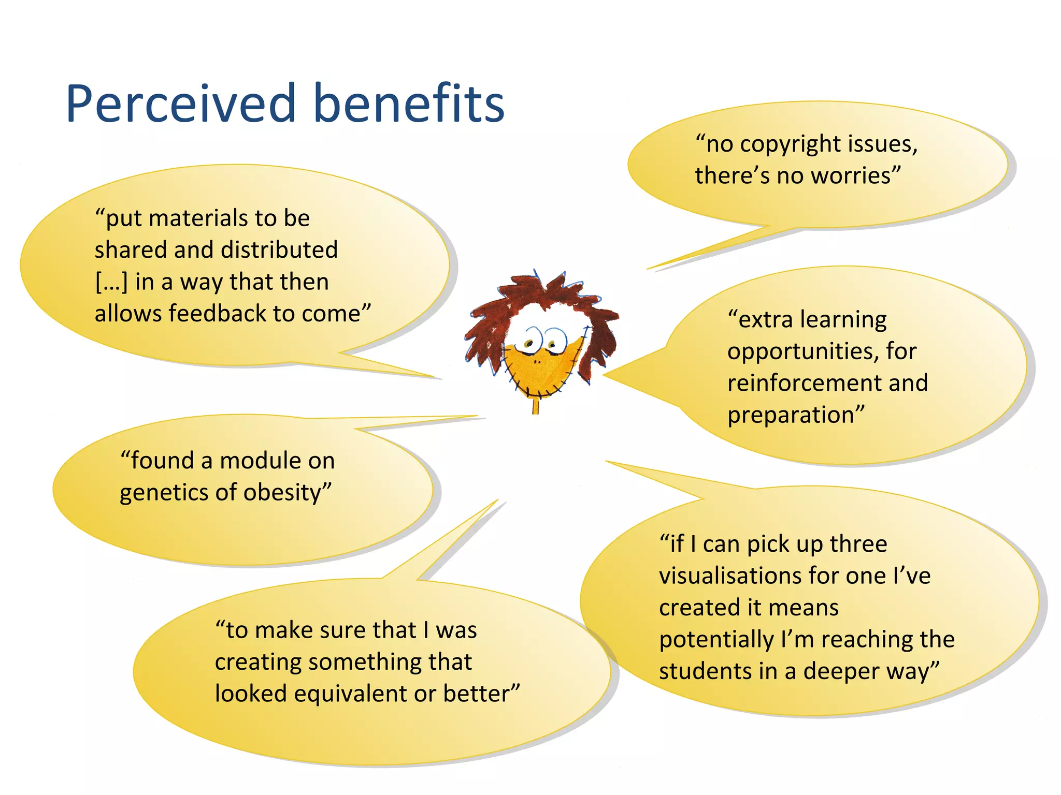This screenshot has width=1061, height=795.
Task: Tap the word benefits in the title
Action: (x=409, y=105)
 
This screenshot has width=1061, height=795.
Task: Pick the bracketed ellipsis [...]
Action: (x=111, y=283)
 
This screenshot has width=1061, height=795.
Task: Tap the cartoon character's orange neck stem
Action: (x=535, y=404)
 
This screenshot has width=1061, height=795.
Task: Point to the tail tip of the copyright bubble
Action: (x=649, y=269)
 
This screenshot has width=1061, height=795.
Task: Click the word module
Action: (x=264, y=461)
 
